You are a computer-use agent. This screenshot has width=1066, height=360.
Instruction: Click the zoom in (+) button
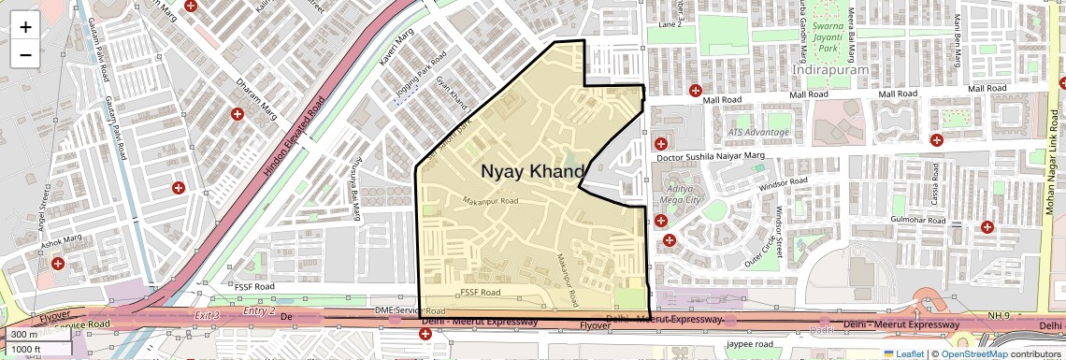pos(25,27)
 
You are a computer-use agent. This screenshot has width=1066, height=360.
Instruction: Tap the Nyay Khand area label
pos(532,171)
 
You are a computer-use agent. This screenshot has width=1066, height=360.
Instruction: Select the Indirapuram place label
pos(830,69)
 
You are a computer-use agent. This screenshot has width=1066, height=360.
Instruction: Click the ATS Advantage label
pos(758,132)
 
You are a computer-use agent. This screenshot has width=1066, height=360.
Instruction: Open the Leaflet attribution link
pos(903,353)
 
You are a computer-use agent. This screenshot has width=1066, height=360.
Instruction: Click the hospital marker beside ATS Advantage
pos(661,143)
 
